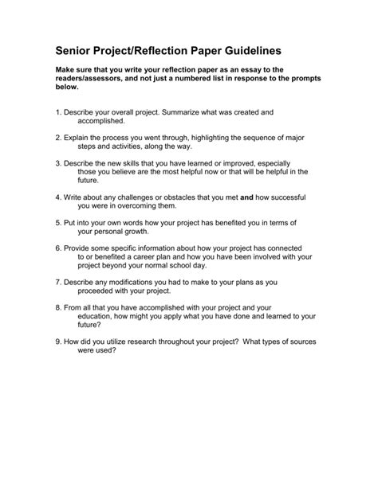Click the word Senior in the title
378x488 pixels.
[x=78, y=49]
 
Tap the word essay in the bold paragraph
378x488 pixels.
[x=266, y=71]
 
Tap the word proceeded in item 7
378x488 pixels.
[x=103, y=291]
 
